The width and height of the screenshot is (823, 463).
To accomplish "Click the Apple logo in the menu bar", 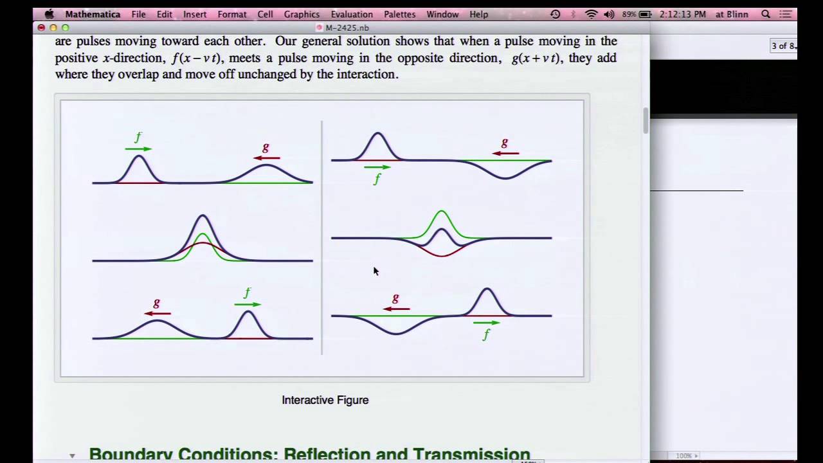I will click(x=49, y=14).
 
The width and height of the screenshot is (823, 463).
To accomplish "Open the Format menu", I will click(x=231, y=14).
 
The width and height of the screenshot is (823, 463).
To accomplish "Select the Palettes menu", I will click(x=399, y=14).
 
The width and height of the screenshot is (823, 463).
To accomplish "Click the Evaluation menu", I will click(x=351, y=14).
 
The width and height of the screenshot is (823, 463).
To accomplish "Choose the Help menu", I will click(x=478, y=14).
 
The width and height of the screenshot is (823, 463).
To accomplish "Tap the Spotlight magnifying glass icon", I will click(x=766, y=14).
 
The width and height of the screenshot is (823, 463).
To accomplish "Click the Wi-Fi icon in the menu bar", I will click(x=591, y=14).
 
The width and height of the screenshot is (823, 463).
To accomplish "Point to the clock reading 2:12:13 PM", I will click(x=683, y=14).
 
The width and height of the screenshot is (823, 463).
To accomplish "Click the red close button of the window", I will click(x=41, y=28).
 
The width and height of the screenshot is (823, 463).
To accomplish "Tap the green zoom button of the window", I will click(x=65, y=28).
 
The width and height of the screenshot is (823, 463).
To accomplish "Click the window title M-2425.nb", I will click(x=347, y=28).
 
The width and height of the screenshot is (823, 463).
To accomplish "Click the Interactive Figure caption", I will click(x=325, y=400).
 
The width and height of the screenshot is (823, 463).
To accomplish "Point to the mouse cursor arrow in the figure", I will click(x=375, y=271).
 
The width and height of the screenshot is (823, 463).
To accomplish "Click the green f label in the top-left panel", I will click(x=138, y=137).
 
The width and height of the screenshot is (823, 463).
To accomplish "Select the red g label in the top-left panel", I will click(x=266, y=147).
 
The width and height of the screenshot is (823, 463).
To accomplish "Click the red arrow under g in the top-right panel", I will click(x=505, y=153).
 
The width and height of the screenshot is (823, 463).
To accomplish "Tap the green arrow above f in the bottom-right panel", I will click(x=487, y=323).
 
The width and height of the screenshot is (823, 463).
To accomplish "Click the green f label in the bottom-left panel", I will click(x=248, y=293).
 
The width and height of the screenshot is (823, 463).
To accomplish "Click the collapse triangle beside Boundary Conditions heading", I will click(x=72, y=456).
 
